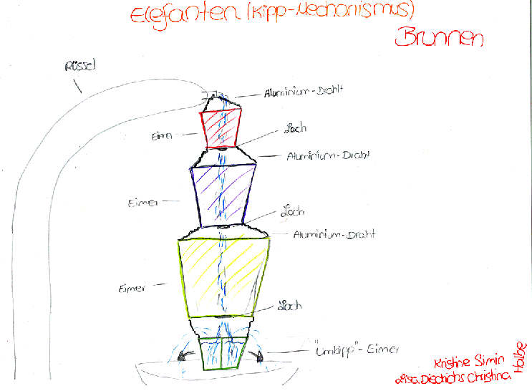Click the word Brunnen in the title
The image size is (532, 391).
(438, 37)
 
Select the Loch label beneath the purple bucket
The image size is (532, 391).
(291, 213)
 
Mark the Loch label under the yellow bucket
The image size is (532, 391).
(290, 306)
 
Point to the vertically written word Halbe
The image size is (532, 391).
(522, 356)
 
